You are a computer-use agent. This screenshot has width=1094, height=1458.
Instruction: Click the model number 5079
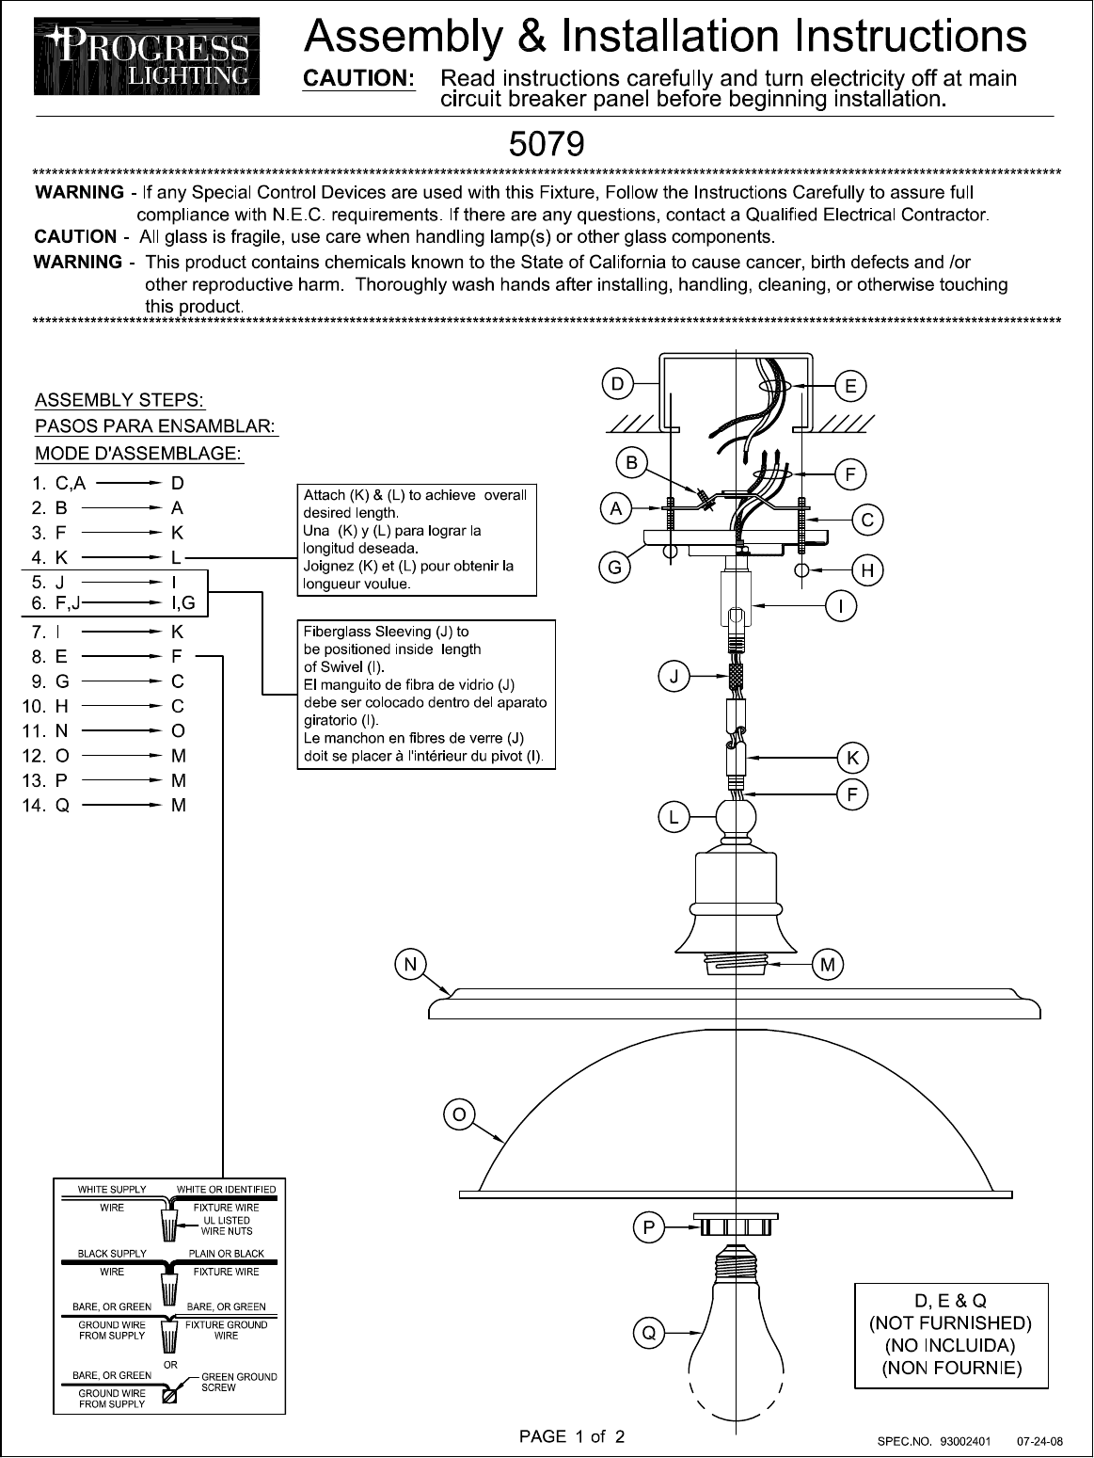tap(546, 144)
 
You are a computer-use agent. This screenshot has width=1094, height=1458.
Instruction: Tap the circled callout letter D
tap(616, 383)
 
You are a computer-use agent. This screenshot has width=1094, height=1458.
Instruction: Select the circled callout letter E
tap(850, 385)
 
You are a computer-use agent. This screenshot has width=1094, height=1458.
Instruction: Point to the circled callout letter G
tap(614, 568)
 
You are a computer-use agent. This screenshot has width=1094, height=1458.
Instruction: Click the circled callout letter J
tap(673, 676)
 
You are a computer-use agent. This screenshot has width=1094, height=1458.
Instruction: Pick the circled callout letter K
tap(852, 757)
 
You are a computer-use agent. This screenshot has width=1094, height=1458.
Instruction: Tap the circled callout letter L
tap(673, 818)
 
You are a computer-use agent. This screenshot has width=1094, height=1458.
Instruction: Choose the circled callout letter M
tap(828, 964)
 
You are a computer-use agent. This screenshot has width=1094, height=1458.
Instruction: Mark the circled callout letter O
tap(457, 1114)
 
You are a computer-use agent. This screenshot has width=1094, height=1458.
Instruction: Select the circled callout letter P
tap(649, 1227)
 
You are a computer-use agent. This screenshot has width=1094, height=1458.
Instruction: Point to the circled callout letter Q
tap(648, 1333)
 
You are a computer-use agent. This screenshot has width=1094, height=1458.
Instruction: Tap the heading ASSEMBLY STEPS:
tap(120, 401)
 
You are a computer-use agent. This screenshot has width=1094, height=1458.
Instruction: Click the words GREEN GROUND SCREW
tap(239, 1382)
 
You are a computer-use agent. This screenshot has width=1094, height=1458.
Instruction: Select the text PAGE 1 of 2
tap(572, 1436)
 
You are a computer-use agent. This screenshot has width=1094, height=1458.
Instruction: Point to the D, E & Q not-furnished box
tap(951, 1334)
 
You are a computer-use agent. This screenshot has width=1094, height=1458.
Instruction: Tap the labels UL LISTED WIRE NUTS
tap(227, 1226)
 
